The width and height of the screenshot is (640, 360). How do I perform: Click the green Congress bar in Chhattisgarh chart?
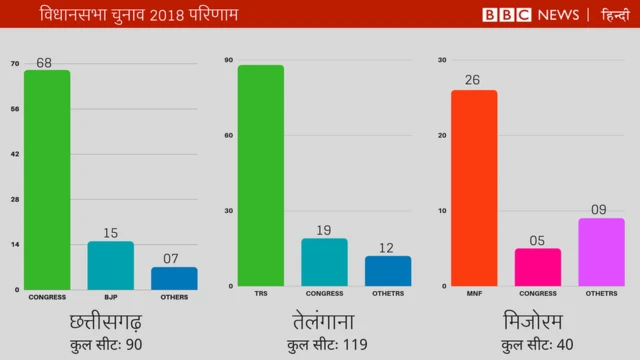[x=47, y=180]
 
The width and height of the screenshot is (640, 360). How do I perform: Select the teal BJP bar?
[x=110, y=266]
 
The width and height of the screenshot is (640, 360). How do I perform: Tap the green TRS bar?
[x=261, y=176]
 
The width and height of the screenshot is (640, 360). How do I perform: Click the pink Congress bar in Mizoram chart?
[x=538, y=268]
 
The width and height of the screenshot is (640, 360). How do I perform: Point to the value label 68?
[x=44, y=63]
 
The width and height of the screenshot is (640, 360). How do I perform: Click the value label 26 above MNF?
[x=473, y=80]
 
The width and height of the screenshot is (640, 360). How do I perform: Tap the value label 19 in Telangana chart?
[x=325, y=230]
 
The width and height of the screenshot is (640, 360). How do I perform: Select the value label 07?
[x=173, y=259]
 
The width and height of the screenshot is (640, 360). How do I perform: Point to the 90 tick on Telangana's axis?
[x=229, y=60]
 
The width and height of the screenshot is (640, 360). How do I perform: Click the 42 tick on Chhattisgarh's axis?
[x=15, y=154]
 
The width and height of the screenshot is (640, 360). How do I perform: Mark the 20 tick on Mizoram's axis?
[x=442, y=135]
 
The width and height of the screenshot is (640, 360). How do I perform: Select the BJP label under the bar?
[x=110, y=297]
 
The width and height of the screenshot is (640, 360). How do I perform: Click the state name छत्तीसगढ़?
[x=105, y=322]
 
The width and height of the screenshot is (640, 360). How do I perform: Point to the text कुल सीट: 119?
[x=327, y=346]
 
